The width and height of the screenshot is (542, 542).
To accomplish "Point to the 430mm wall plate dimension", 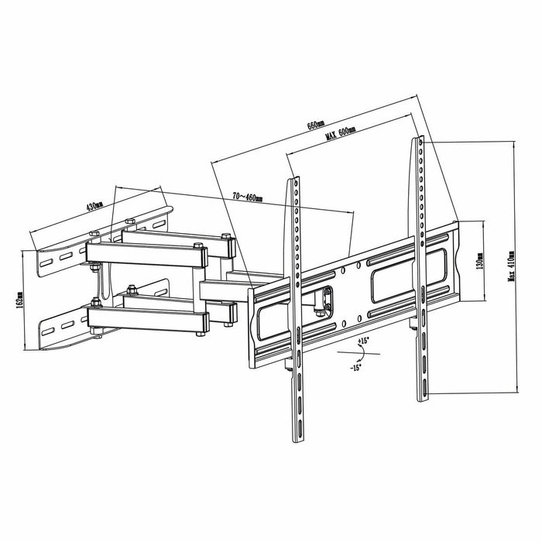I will tap(94, 207).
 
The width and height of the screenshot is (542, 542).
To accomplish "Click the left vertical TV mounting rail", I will tap(296, 310).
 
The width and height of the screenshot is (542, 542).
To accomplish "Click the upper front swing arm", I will tap(147, 252).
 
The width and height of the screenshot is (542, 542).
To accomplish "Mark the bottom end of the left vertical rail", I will tap(297, 441).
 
